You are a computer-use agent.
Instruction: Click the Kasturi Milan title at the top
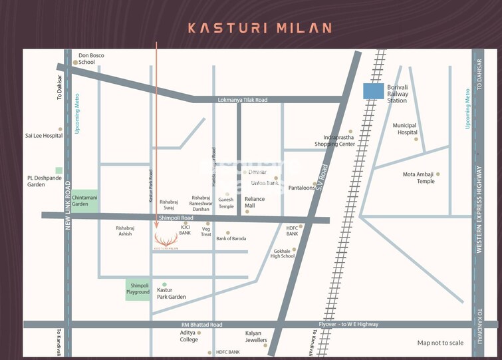point(259,28)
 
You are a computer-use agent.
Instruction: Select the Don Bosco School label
point(87,59)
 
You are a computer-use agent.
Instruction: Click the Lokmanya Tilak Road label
point(243,100)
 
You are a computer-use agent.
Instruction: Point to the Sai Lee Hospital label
point(44,135)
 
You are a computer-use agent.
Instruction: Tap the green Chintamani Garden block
point(85,200)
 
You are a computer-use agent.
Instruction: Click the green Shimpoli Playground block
point(138,289)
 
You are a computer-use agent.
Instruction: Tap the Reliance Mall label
point(255,202)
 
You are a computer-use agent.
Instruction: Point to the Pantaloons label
point(301,188)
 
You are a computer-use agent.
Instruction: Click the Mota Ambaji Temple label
point(418,178)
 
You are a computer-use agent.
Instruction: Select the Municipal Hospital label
point(404,128)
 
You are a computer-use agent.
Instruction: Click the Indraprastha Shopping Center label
point(334,140)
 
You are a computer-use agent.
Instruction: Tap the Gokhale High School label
point(284,254)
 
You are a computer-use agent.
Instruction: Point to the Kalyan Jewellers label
point(256,336)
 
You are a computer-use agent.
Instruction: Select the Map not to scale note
point(440,343)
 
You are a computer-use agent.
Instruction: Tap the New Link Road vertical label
point(68,206)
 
